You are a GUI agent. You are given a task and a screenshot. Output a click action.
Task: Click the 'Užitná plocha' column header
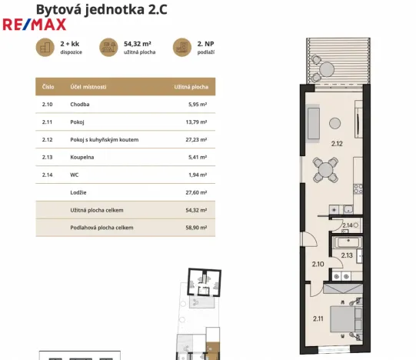[191, 86]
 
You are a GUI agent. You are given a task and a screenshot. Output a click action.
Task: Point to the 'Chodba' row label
[80, 104]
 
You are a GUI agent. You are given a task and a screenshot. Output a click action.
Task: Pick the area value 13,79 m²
[197, 122]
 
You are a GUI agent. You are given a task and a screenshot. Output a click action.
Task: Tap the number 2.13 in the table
[47, 157]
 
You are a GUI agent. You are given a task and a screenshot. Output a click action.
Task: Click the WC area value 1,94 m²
[198, 175]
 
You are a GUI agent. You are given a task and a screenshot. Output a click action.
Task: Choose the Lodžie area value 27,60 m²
[197, 192]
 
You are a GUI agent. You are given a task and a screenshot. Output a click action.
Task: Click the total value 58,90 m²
[197, 228]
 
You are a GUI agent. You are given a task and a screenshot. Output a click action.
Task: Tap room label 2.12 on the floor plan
[337, 143]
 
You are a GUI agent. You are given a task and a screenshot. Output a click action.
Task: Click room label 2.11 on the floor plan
[318, 318]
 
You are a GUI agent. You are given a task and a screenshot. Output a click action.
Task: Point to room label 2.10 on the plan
[318, 264]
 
